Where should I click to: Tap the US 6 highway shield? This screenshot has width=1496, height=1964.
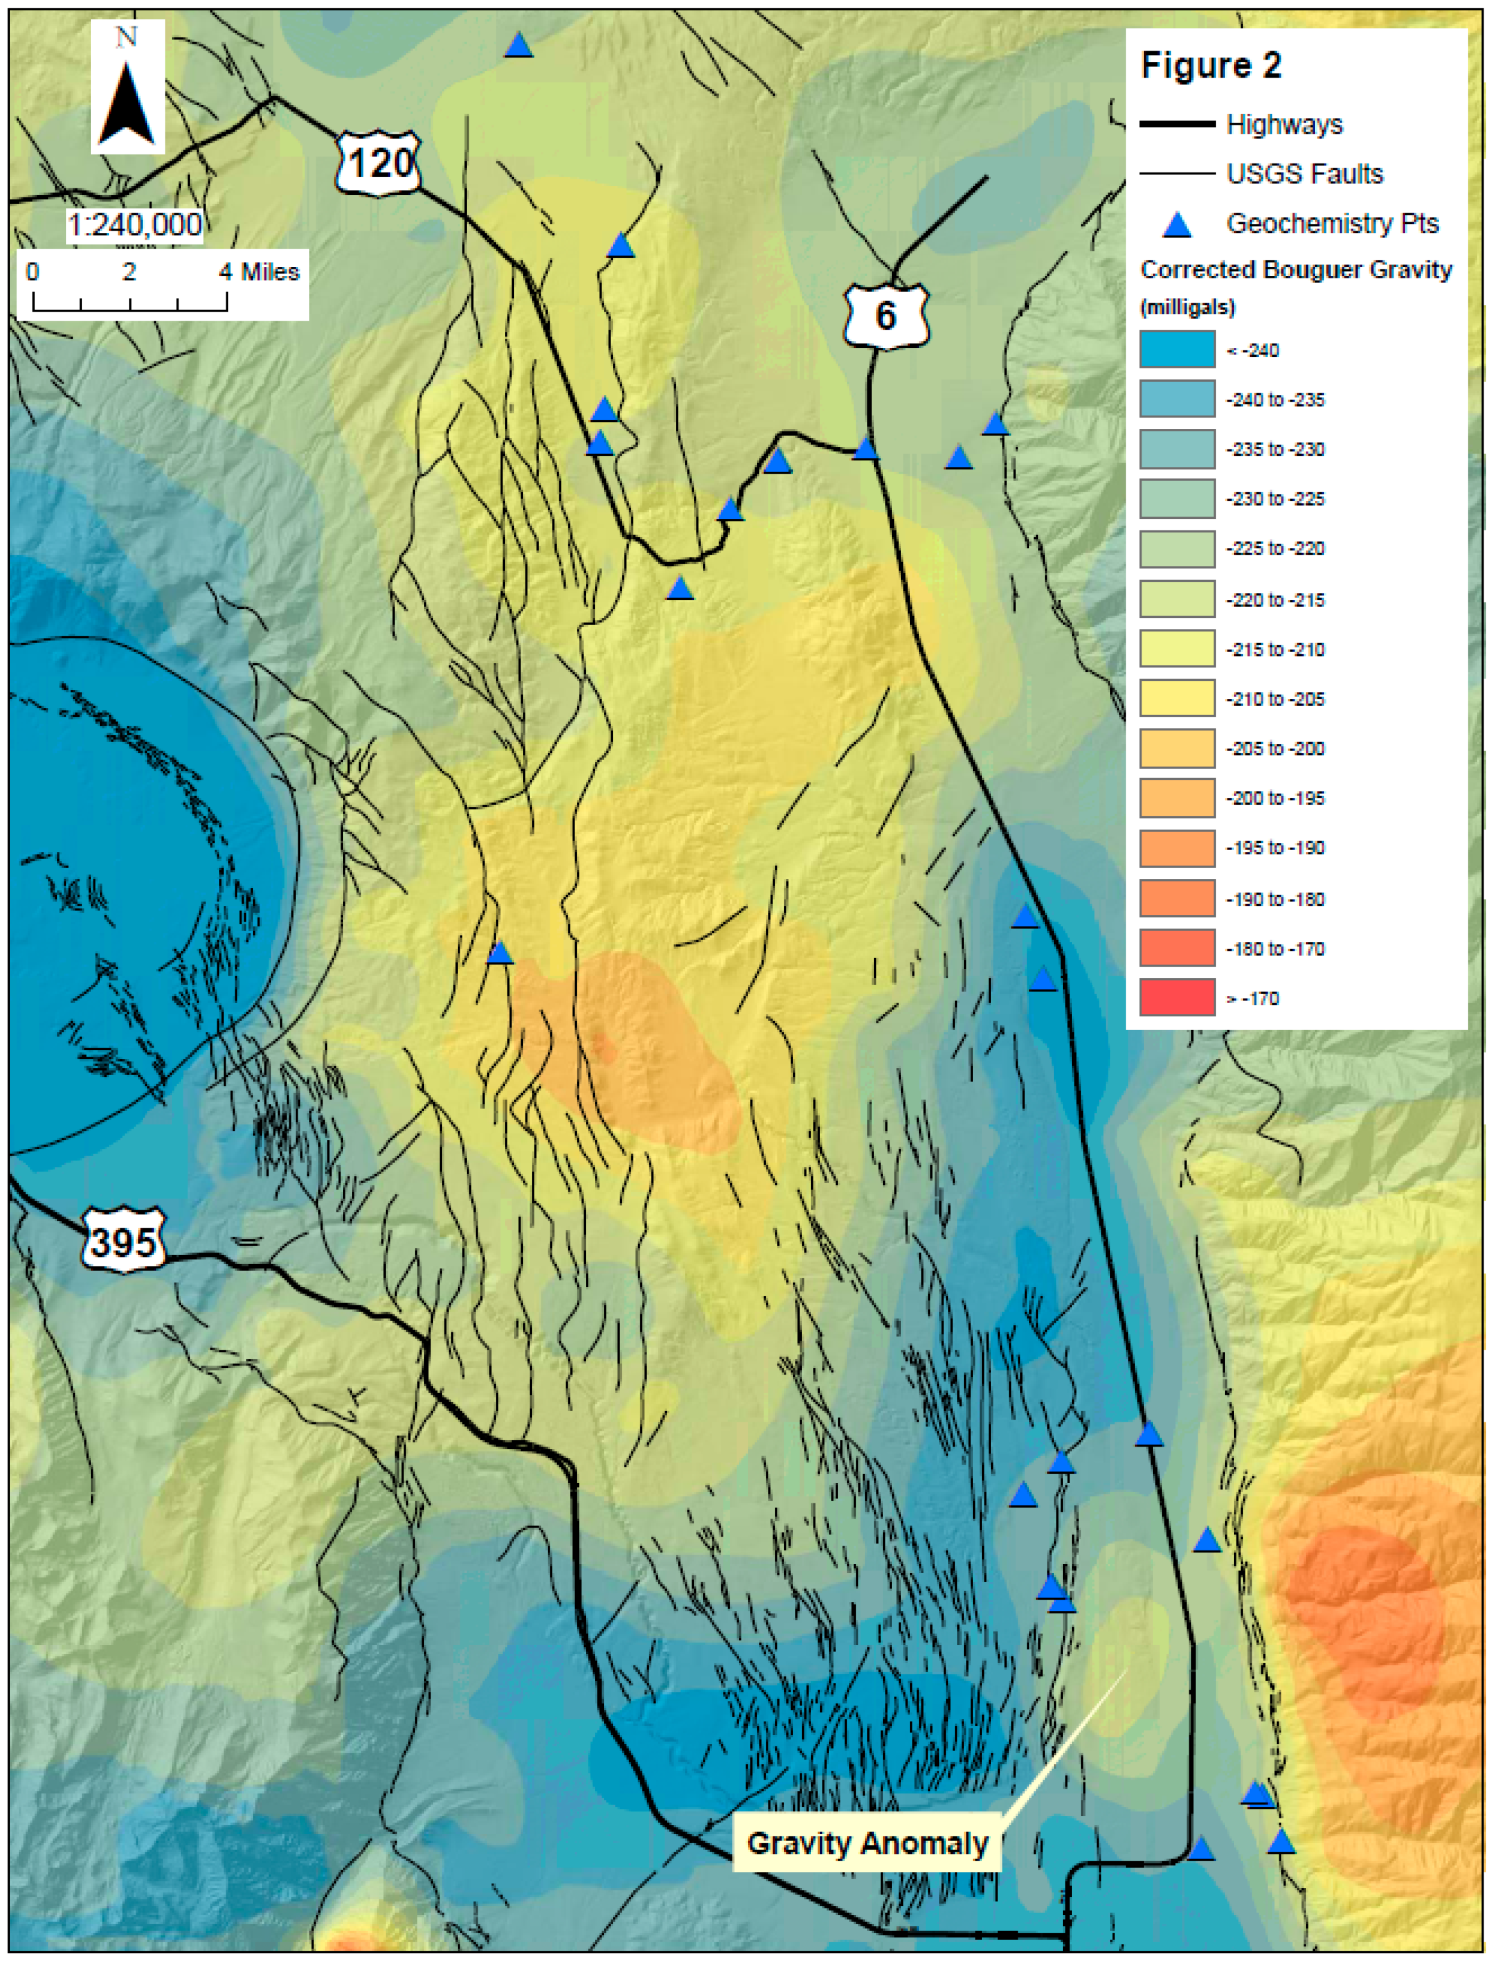click(885, 316)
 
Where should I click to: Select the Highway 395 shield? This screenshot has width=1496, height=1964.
click(124, 1241)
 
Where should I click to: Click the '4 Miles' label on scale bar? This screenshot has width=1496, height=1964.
click(259, 272)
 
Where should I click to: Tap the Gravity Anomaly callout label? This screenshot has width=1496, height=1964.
click(866, 1843)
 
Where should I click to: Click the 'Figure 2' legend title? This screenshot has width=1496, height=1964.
click(1211, 66)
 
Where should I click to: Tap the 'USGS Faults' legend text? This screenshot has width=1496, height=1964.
click(1304, 174)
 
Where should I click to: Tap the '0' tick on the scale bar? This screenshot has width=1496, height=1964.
click(33, 272)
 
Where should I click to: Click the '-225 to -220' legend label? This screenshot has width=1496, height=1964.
click(1275, 548)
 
